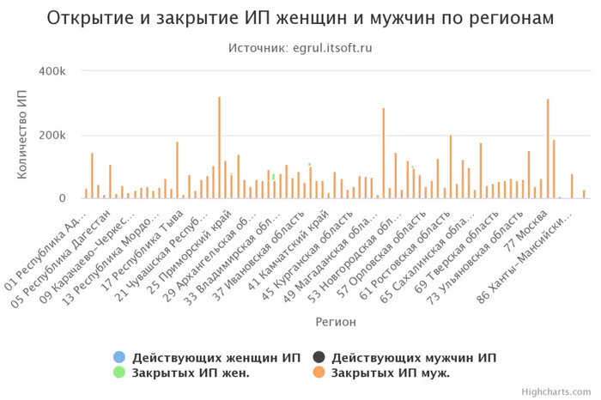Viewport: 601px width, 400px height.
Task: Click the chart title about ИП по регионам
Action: [x=300, y=18]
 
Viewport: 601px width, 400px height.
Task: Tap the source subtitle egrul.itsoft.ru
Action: [x=300, y=48]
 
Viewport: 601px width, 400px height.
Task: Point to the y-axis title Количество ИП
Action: [x=22, y=135]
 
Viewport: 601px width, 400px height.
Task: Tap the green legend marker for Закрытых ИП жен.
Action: [x=119, y=373]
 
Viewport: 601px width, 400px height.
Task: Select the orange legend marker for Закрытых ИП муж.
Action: [x=319, y=373]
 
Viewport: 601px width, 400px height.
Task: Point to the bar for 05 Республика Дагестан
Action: [x=111, y=182]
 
